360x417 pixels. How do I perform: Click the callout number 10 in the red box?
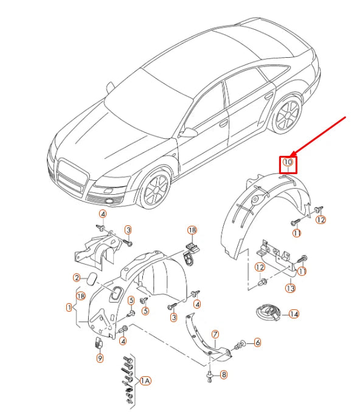(x=288, y=162)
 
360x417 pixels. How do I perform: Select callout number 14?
(x=294, y=314)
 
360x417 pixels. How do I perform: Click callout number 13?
(x=291, y=288)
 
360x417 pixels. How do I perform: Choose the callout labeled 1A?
(x=145, y=381)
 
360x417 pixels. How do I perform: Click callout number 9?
(x=100, y=358)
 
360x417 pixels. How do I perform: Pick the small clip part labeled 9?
(x=99, y=343)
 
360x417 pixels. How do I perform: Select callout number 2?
(x=77, y=278)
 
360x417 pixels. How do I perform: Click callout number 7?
(x=215, y=334)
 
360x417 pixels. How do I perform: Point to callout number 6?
(x=257, y=342)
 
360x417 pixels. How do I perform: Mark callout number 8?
(x=224, y=375)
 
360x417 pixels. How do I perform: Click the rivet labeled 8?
(x=210, y=377)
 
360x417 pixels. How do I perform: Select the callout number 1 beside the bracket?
(x=69, y=307)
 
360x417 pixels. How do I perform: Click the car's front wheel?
(x=156, y=189)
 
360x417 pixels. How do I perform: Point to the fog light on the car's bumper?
(x=109, y=201)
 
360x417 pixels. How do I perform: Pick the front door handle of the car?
(x=223, y=123)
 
